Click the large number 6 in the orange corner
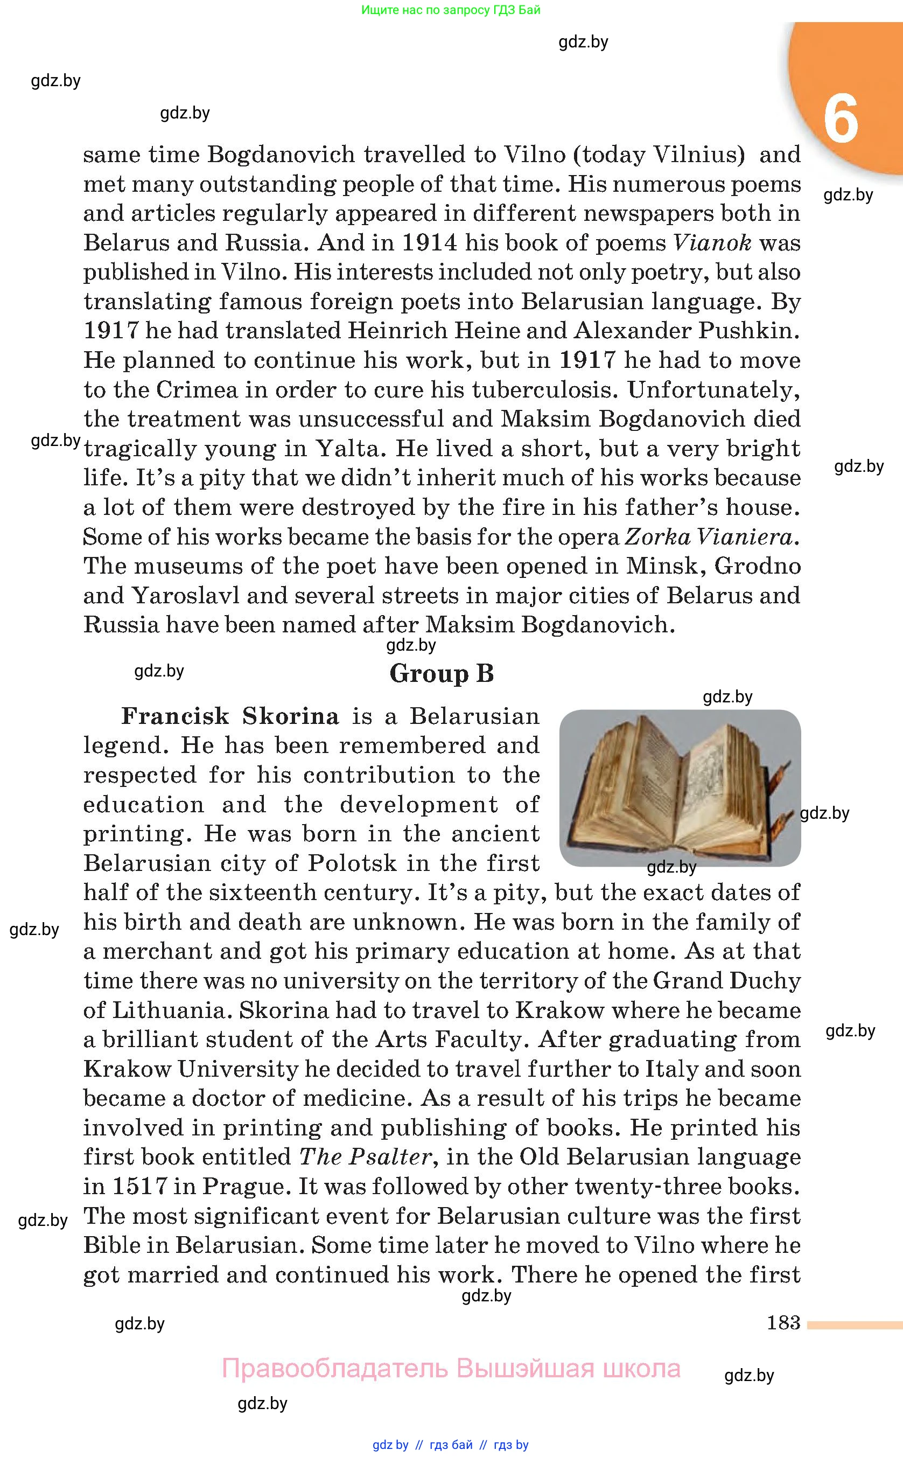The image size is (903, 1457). pos(841,119)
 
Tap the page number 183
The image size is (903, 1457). pos(783,1322)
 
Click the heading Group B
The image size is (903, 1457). pos(442,673)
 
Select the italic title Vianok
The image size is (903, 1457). pos(712,242)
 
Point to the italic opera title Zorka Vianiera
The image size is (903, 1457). pos(711,536)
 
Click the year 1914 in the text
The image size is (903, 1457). pos(429,242)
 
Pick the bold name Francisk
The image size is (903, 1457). pos(175,716)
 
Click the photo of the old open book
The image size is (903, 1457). pos(680,787)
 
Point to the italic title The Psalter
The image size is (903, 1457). pos(365,1156)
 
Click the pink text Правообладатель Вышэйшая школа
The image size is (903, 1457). pos(451,1368)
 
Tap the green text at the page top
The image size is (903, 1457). pos(450,10)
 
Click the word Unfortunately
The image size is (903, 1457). pos(713,389)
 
